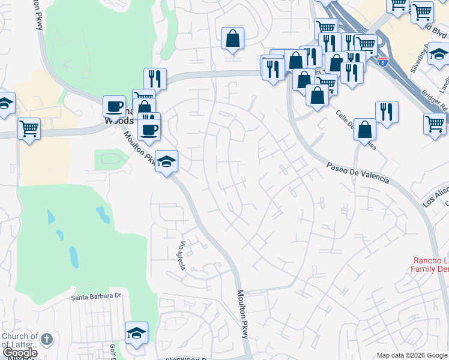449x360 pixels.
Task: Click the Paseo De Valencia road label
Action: tap(358, 172)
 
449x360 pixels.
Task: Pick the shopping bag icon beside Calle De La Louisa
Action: tap(364, 128)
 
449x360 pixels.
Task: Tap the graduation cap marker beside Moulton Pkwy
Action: tap(166, 161)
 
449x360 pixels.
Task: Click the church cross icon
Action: tap(47, 340)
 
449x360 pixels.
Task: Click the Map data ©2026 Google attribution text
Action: tap(412, 355)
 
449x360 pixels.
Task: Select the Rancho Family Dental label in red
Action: tap(430, 265)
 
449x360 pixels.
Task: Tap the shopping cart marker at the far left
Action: tap(29, 128)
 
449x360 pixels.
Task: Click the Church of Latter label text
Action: tap(19, 340)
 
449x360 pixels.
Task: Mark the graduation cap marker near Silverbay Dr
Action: tap(439, 55)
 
